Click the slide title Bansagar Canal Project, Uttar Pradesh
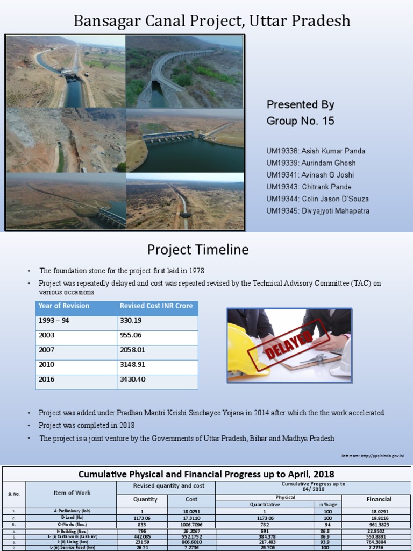pos(211,21)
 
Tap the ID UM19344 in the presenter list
pos(282,199)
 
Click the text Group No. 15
pos(300,121)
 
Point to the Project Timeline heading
pos(198,250)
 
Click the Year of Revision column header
pos(64,306)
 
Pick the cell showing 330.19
pos(131,320)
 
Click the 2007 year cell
pos(47,350)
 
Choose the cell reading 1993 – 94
pos(54,320)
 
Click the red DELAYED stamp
pos(288,344)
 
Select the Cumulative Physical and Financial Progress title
pos(206,474)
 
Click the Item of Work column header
pos(72,492)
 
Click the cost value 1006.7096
pos(191,524)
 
